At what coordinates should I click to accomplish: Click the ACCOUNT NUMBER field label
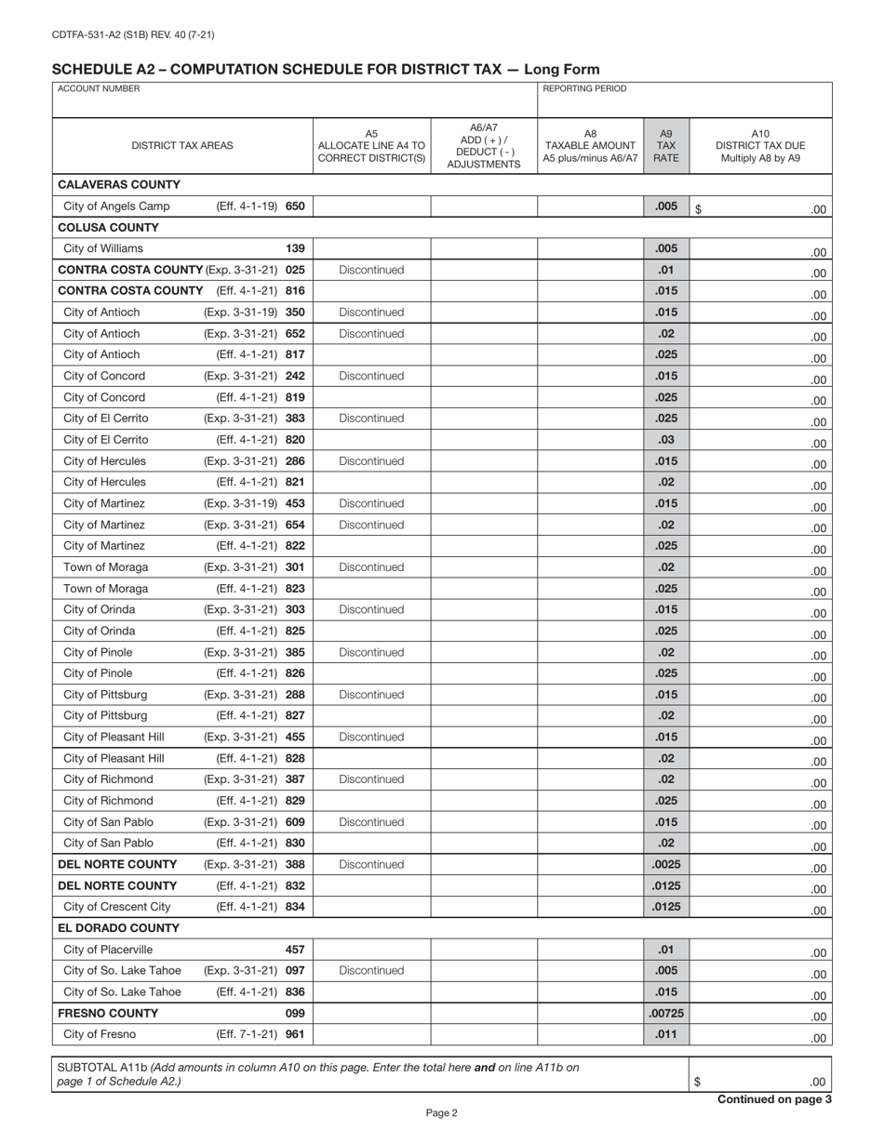tap(99, 89)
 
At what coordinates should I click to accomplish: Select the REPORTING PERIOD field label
tap(584, 89)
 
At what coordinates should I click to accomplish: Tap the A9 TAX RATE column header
tap(665, 146)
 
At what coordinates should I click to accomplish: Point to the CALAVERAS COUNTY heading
tap(119, 184)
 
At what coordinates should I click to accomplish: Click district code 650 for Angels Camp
tap(295, 206)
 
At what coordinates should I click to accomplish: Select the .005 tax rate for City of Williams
tap(665, 248)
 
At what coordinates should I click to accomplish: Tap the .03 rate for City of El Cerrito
tap(665, 440)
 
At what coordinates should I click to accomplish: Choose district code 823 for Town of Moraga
tap(295, 589)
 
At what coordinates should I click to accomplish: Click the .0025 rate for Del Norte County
tap(665, 864)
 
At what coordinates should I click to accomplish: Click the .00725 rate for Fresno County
tap(665, 1013)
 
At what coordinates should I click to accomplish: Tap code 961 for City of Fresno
tap(295, 1034)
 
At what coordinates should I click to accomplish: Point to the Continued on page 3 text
tap(774, 1099)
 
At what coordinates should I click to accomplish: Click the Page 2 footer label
tap(442, 1112)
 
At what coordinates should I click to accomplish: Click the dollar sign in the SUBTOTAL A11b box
tap(699, 1082)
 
